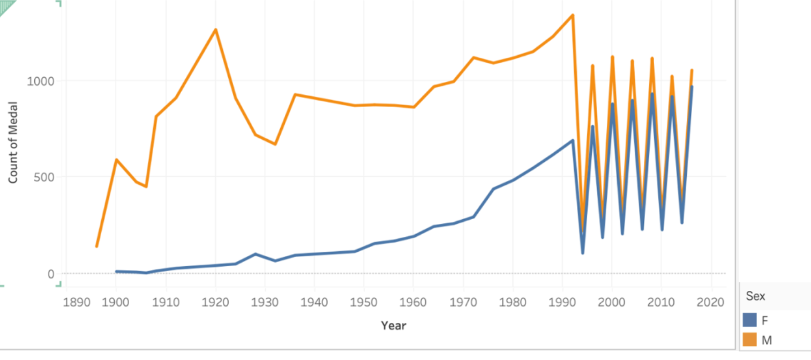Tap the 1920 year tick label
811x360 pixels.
(x=215, y=302)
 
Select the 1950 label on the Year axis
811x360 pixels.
(x=364, y=302)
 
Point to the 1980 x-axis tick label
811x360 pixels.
(x=513, y=302)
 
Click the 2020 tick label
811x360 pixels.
(x=711, y=302)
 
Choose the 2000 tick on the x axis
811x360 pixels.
(x=612, y=302)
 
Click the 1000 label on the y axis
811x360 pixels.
(x=42, y=81)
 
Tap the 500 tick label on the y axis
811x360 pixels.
(x=45, y=177)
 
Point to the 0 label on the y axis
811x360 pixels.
(x=51, y=274)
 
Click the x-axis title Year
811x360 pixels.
(x=394, y=326)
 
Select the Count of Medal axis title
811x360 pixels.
(x=13, y=142)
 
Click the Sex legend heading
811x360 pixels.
(x=755, y=296)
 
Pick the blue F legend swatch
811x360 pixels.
(x=750, y=320)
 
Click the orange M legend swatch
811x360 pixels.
(x=750, y=340)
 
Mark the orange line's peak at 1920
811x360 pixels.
(x=215, y=29)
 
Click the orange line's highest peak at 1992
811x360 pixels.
(x=573, y=15)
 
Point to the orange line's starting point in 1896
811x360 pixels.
(x=96, y=246)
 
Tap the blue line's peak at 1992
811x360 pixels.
(x=573, y=140)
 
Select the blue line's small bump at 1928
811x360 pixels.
(x=256, y=254)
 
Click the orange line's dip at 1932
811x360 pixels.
(x=275, y=144)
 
